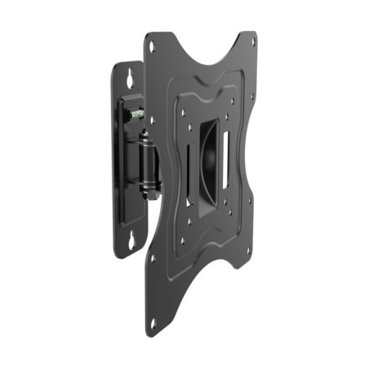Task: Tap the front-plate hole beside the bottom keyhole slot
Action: click(152, 256)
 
